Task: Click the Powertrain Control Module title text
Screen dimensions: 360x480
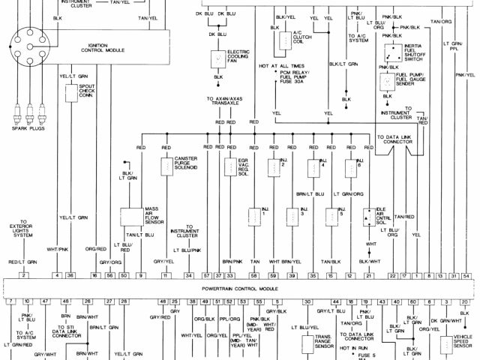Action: [239, 288]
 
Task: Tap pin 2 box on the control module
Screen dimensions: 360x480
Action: [24, 275]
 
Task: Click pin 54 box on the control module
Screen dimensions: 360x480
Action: [467, 275]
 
